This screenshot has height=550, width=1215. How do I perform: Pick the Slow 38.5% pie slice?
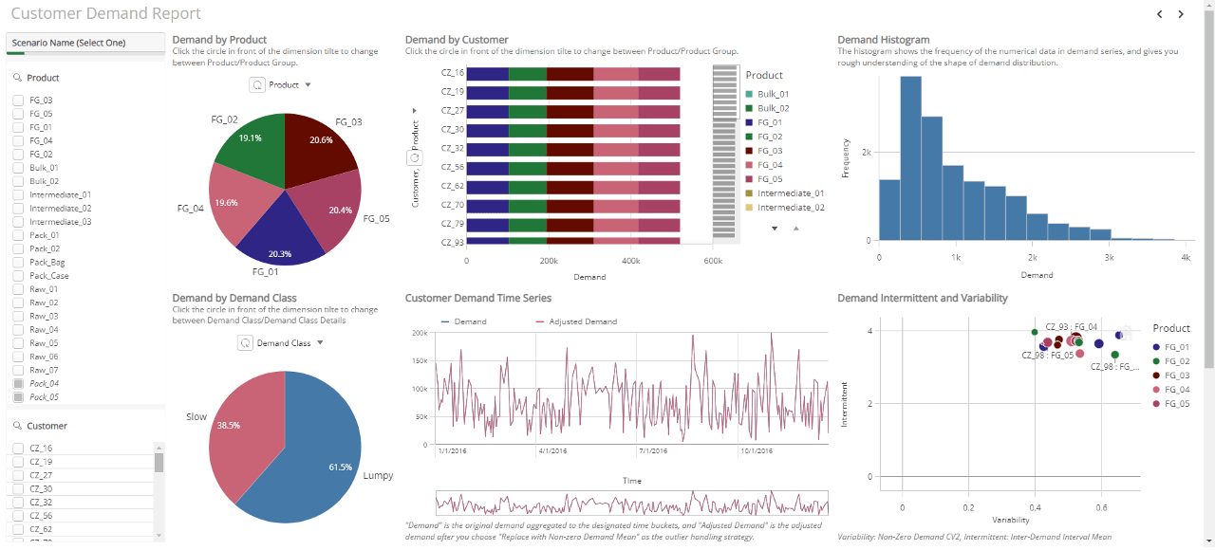[237, 431]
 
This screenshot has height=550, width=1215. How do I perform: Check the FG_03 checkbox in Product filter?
[17, 100]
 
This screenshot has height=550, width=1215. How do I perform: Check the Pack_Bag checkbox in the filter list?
[17, 262]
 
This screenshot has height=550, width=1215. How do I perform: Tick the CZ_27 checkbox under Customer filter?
[17, 475]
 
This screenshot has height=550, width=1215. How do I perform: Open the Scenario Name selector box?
[85, 43]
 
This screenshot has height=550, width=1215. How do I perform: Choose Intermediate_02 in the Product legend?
[790, 207]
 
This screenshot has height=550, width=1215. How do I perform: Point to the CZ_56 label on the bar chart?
[452, 167]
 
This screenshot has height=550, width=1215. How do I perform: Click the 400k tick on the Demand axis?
[630, 260]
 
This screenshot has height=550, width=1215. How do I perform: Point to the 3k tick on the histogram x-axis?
[1108, 258]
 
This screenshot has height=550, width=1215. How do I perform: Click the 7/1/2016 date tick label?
[656, 451]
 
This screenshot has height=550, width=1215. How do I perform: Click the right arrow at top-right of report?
[1181, 14]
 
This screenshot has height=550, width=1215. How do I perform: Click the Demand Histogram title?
[883, 40]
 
